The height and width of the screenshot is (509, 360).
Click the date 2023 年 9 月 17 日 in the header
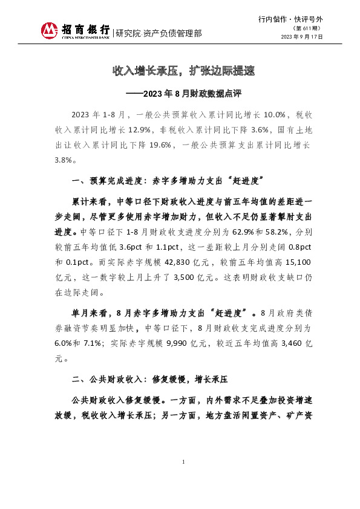(302, 37)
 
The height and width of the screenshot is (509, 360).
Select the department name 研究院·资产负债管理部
(159, 33)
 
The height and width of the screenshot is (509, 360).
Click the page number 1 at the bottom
(183, 462)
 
